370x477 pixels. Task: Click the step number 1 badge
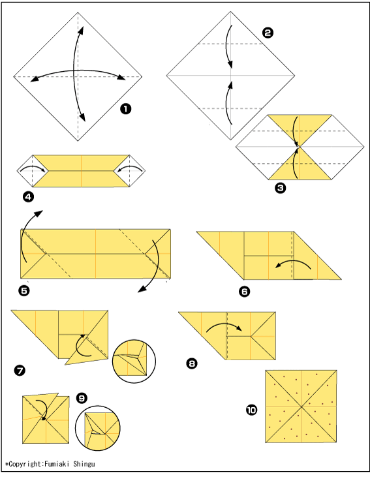[126, 108]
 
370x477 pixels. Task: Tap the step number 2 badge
[268, 33]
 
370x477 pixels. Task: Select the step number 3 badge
[280, 188]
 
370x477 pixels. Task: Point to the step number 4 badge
[28, 197]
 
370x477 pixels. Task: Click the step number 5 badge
[24, 290]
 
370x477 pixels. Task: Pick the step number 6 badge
[244, 292]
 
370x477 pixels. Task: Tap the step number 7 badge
[20, 371]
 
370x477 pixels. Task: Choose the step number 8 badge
[192, 363]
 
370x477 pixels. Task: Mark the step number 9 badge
[82, 398]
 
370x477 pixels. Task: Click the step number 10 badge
[251, 410]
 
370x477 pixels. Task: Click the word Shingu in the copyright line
[84, 464]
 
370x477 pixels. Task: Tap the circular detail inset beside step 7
[134, 361]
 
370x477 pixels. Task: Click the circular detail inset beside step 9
[98, 428]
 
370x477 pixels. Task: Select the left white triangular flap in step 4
[25, 171]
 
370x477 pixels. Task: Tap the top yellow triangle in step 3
[300, 131]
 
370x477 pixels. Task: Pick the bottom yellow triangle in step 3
[300, 163]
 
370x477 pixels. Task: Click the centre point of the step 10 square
[301, 407]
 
